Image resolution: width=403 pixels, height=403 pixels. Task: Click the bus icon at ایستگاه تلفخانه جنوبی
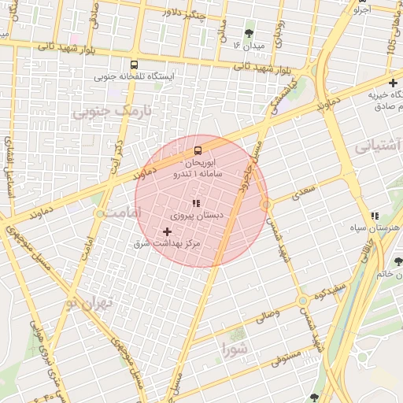coord(134,65)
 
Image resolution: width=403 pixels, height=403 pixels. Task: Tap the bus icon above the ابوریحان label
coord(197,149)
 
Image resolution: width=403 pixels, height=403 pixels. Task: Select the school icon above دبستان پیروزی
coord(195,203)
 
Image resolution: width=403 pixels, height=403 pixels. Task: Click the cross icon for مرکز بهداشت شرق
coord(167,231)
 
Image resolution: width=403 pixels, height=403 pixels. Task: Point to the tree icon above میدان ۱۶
coord(250,33)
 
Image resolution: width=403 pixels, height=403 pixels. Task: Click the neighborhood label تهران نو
coord(91,303)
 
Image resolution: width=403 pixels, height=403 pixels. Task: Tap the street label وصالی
coord(264,316)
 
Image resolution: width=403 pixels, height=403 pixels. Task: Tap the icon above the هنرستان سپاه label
coord(375,215)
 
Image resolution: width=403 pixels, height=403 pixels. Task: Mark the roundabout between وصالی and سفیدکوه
coord(302,301)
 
